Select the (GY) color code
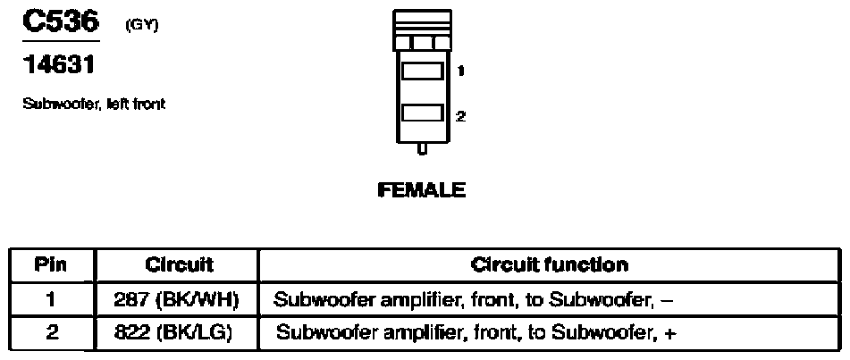pos(141,25)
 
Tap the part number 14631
pos(58,66)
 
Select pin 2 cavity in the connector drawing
pos(422,113)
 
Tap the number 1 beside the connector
pos(459,71)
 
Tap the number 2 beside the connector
pos(460,115)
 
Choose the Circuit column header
pos(180,265)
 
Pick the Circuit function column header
pos(549,265)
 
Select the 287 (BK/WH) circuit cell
pos(180,300)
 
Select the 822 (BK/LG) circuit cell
pos(180,334)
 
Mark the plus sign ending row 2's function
pos(669,335)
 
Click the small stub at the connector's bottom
pos(422,149)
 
